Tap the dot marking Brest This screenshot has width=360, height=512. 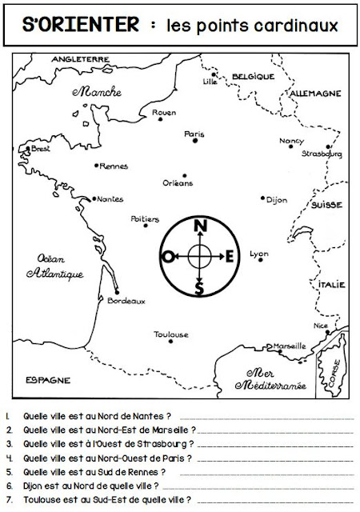point(27,149)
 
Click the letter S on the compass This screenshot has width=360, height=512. point(199,286)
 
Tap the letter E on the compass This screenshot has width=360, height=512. point(230,256)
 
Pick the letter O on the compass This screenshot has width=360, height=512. point(168,256)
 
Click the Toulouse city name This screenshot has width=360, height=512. point(171,334)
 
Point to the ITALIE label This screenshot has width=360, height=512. point(330,284)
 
